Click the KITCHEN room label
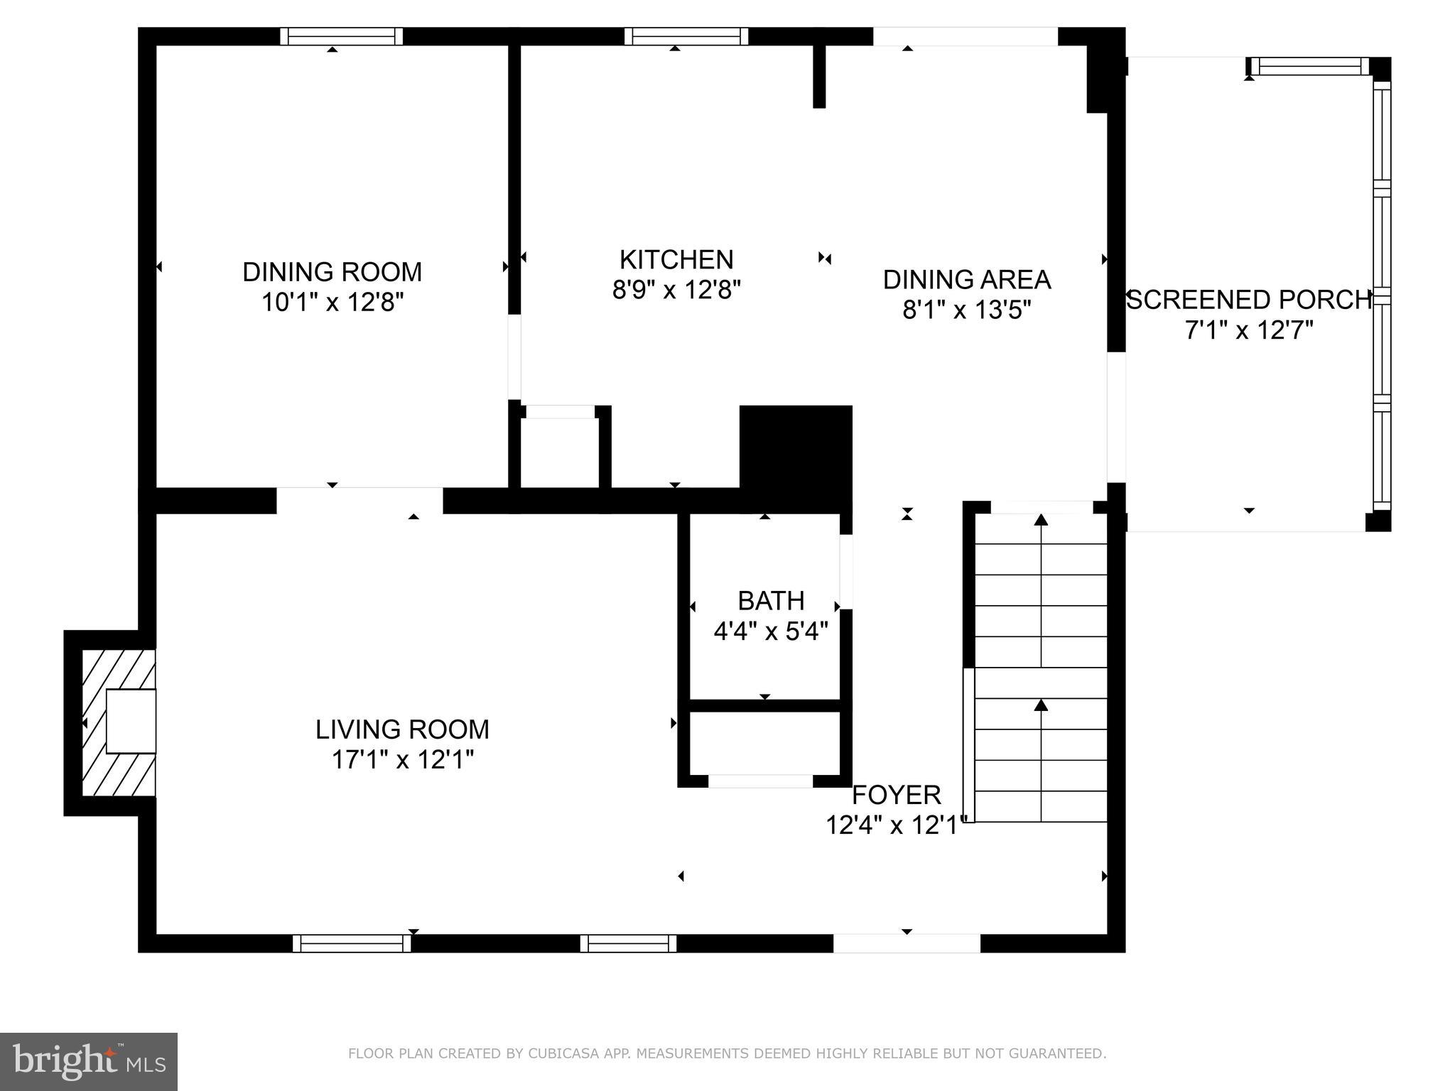point(676,260)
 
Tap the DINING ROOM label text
point(332,272)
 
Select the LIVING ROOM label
point(402,729)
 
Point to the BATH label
point(771,601)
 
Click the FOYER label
point(896,794)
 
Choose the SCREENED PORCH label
point(1248,300)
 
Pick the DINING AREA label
point(966,280)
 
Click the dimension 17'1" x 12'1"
point(402,760)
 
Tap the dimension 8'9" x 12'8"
point(676,290)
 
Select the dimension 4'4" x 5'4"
point(771,631)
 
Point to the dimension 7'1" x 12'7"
point(1248,330)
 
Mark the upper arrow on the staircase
point(1041,520)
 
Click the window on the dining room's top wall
point(341,36)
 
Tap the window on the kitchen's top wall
point(686,36)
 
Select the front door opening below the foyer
point(907,943)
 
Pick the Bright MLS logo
point(89,1061)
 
